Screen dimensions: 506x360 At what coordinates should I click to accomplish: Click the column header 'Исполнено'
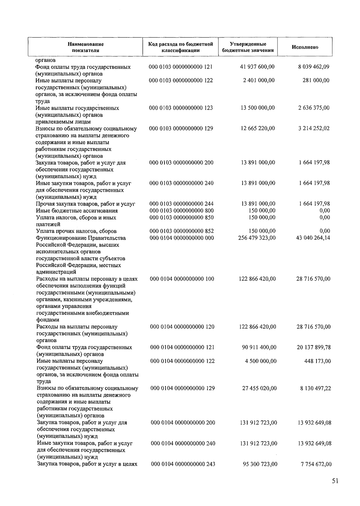click(x=305, y=47)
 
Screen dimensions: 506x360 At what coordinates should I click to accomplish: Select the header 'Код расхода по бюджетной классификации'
click(x=181, y=47)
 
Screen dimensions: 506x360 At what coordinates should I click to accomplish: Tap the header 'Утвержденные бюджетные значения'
click(x=248, y=47)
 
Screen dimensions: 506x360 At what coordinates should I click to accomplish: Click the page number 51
click(x=335, y=481)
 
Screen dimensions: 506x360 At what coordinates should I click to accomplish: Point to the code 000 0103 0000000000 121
click(x=181, y=67)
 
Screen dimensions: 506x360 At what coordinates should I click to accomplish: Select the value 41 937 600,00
click(x=257, y=67)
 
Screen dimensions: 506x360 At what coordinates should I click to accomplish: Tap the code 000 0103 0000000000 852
click(x=181, y=231)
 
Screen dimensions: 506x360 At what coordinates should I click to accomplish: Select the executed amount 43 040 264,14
click(x=313, y=238)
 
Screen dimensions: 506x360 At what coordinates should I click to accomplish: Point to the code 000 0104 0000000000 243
click(x=183, y=464)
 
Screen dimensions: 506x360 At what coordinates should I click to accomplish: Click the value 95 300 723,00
click(x=260, y=464)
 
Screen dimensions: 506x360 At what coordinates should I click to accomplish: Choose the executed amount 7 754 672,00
click(x=316, y=464)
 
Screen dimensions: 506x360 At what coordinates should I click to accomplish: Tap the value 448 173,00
click(x=317, y=361)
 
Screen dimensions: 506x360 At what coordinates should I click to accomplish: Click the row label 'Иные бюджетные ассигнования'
click(x=77, y=211)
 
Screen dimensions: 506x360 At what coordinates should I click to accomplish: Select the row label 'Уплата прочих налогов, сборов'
click(x=76, y=231)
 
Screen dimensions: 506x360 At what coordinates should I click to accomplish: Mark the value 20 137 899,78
click(x=314, y=347)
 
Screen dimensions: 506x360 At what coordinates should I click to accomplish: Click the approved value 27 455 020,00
click(x=259, y=388)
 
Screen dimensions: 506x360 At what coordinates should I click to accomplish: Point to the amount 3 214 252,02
click(x=314, y=128)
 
